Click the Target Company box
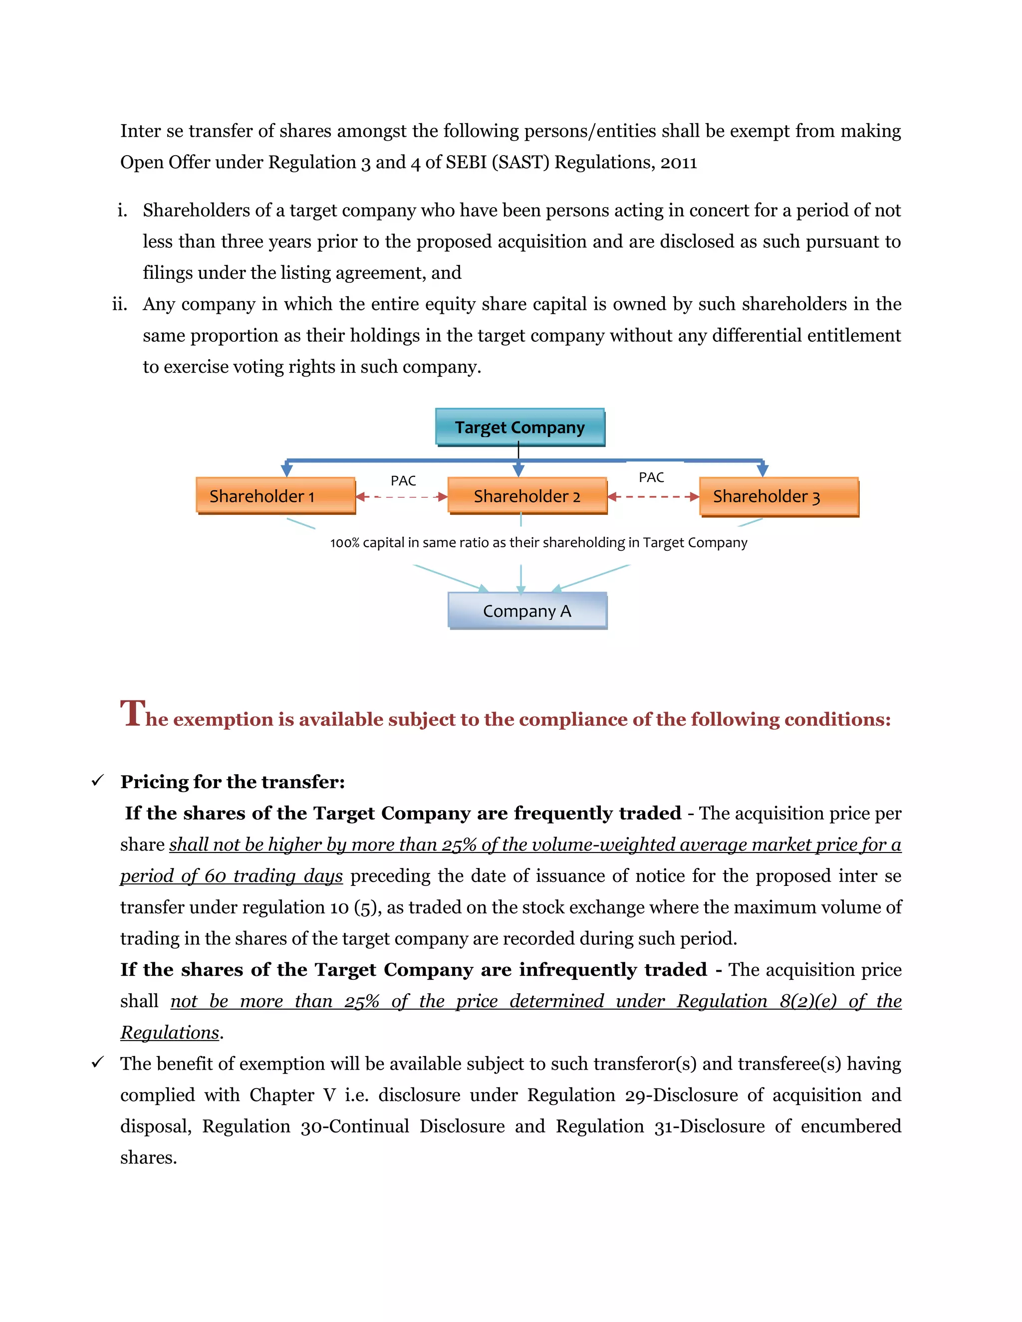pyautogui.click(x=519, y=428)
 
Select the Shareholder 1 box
pyautogui.click(x=275, y=496)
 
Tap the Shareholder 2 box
pyautogui.click(x=527, y=496)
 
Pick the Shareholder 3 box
pyautogui.click(x=778, y=496)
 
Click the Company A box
pyautogui.click(x=527, y=611)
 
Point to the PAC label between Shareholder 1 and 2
pyautogui.click(x=403, y=480)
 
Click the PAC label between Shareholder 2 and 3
pyautogui.click(x=651, y=477)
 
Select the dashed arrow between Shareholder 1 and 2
pyautogui.click(x=401, y=497)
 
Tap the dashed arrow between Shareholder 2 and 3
pyautogui.click(x=653, y=497)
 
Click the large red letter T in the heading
pyautogui.click(x=133, y=712)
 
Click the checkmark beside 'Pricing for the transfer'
pyautogui.click(x=97, y=781)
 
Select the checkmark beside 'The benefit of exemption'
pyautogui.click(x=97, y=1062)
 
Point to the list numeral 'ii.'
pyautogui.click(x=120, y=304)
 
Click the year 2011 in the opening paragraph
pyautogui.click(x=679, y=162)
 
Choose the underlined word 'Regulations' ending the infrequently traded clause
pyautogui.click(x=170, y=1032)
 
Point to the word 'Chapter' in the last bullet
pyautogui.click(x=281, y=1095)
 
